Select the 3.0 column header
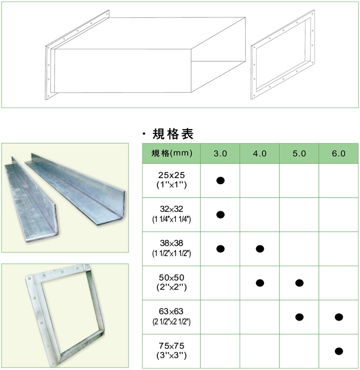(x=220, y=153)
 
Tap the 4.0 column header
(x=260, y=153)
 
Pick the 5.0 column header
(x=299, y=153)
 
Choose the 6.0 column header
(x=338, y=153)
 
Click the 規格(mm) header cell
(x=171, y=153)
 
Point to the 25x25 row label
(x=171, y=180)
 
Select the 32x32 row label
(x=171, y=214)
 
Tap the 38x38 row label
(x=171, y=249)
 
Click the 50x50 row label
(x=171, y=283)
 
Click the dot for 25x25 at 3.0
(x=220, y=180)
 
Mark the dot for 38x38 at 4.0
(x=260, y=249)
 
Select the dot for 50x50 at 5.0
(x=299, y=283)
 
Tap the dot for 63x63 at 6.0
(x=338, y=316)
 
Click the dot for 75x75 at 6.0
(x=338, y=351)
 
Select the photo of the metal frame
(x=65, y=314)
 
